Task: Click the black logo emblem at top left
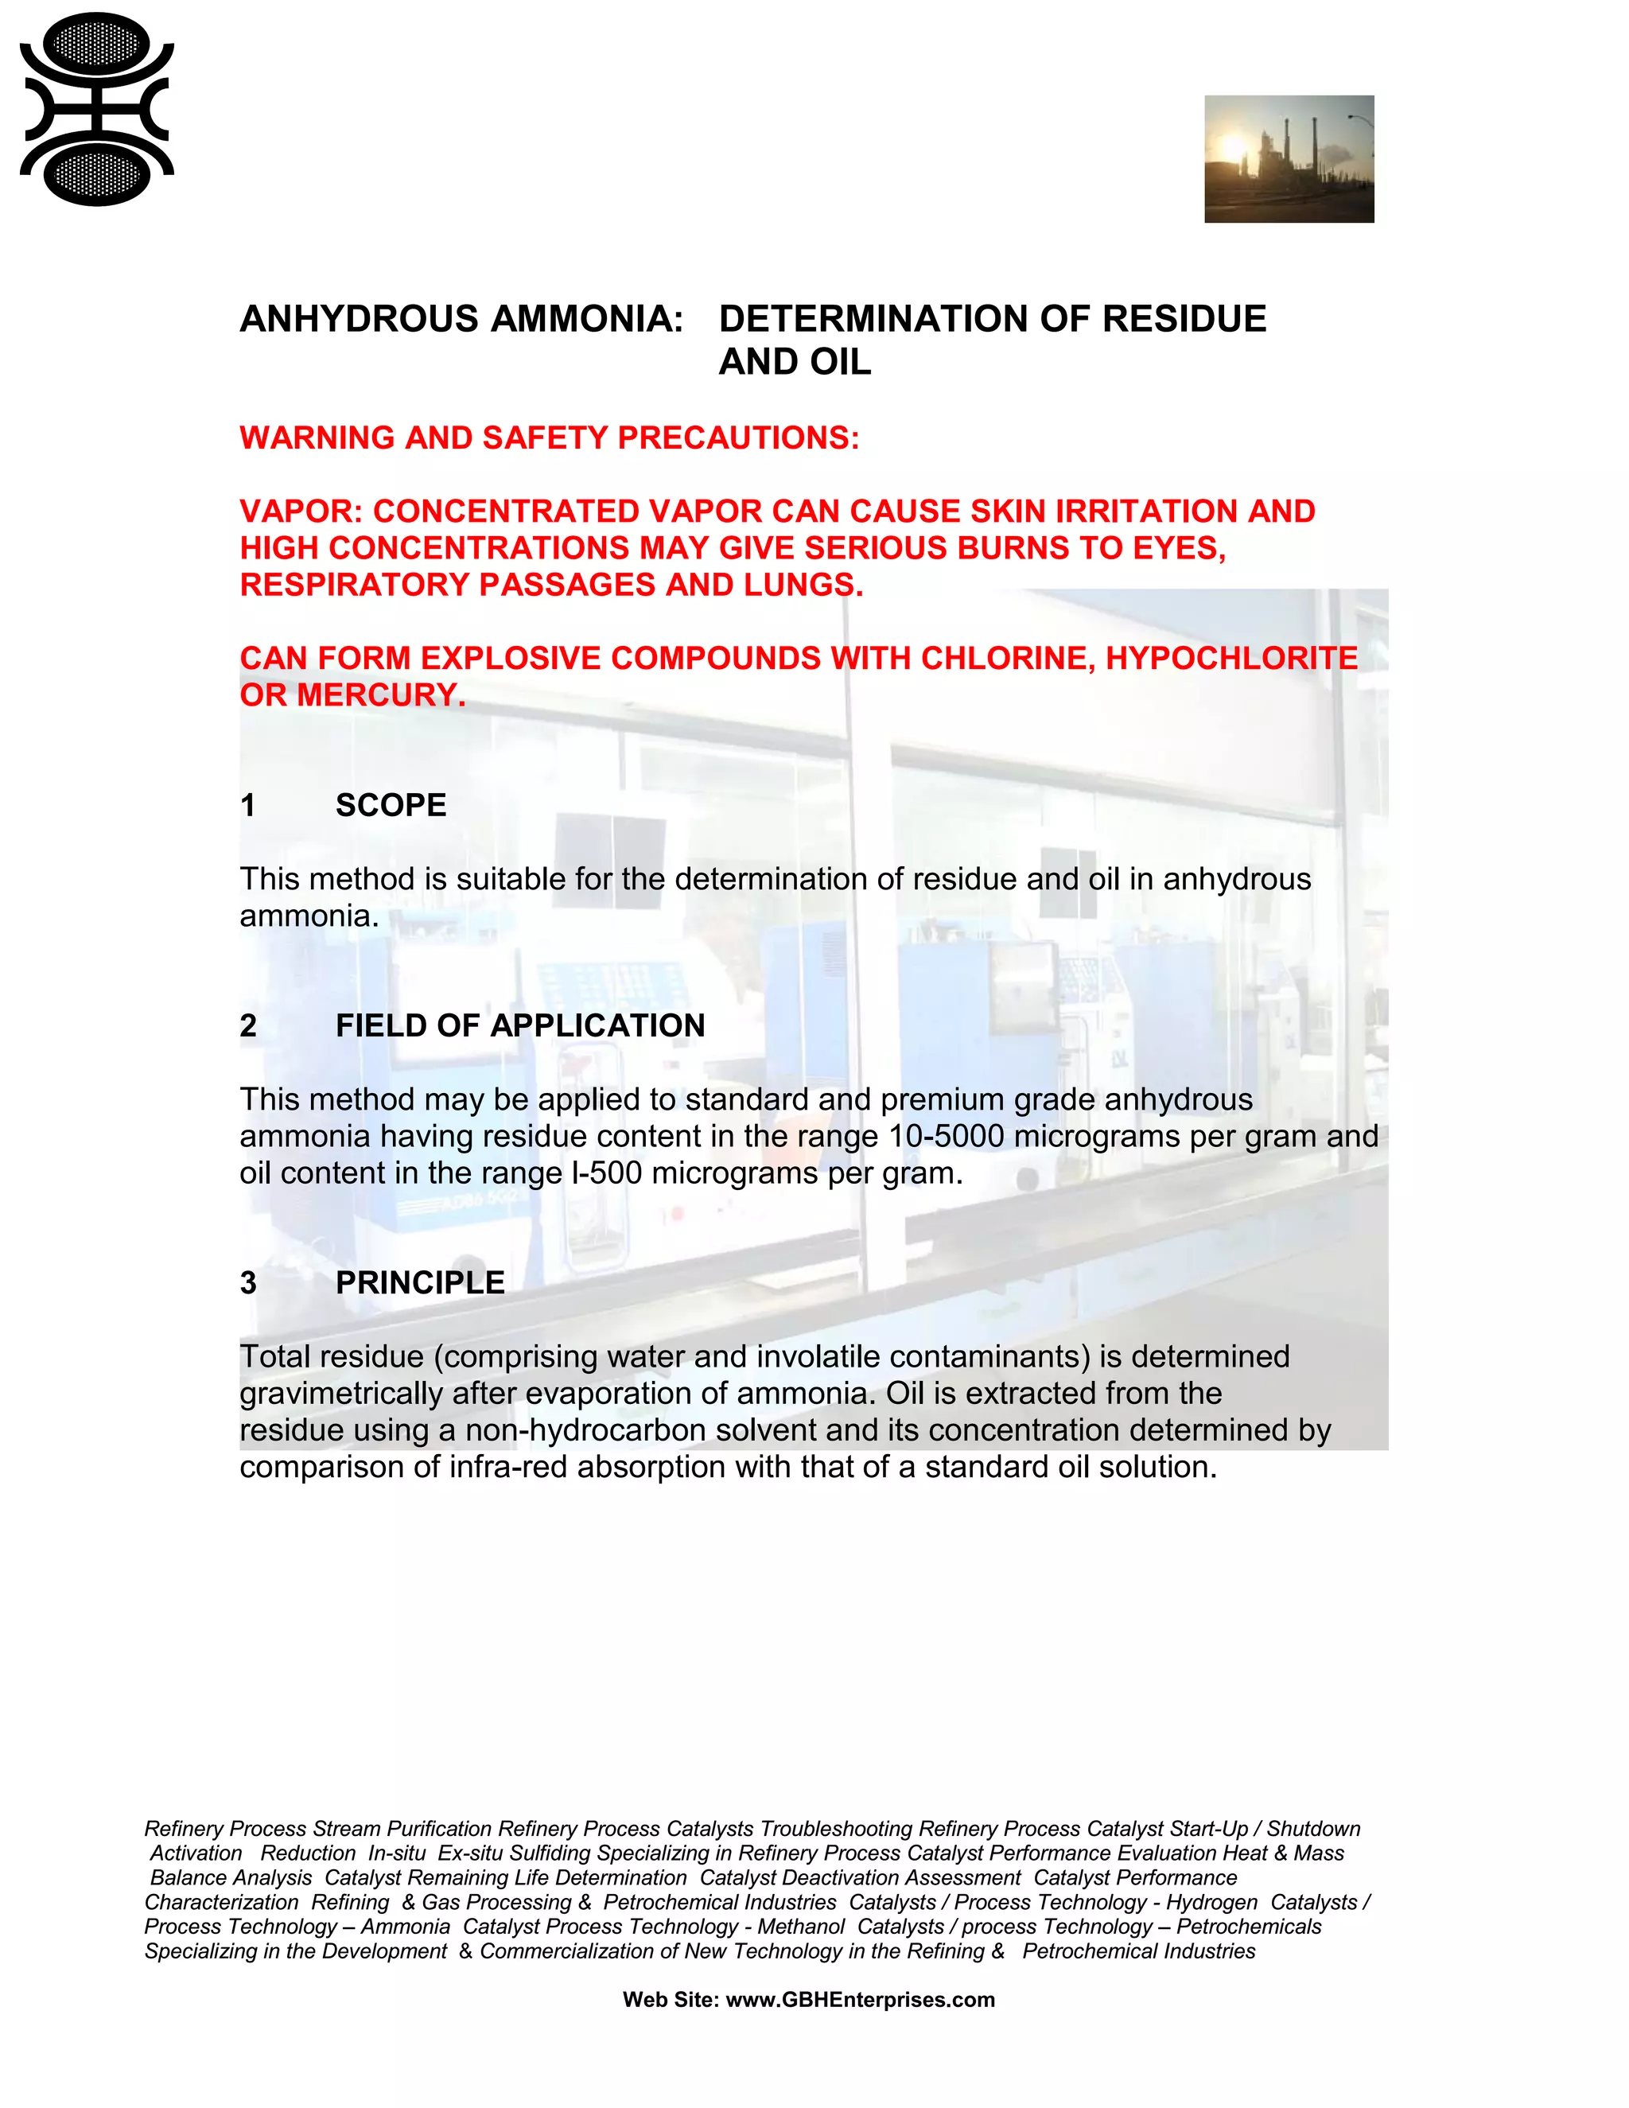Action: coord(96,109)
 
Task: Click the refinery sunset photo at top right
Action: coord(1289,159)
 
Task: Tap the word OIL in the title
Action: coord(842,362)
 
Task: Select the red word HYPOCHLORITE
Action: coord(1231,659)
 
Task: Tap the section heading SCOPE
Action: coord(391,806)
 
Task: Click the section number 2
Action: coord(248,1026)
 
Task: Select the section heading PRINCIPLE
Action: coord(420,1283)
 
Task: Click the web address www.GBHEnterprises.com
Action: coord(860,2000)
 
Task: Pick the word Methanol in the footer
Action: coord(801,1927)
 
